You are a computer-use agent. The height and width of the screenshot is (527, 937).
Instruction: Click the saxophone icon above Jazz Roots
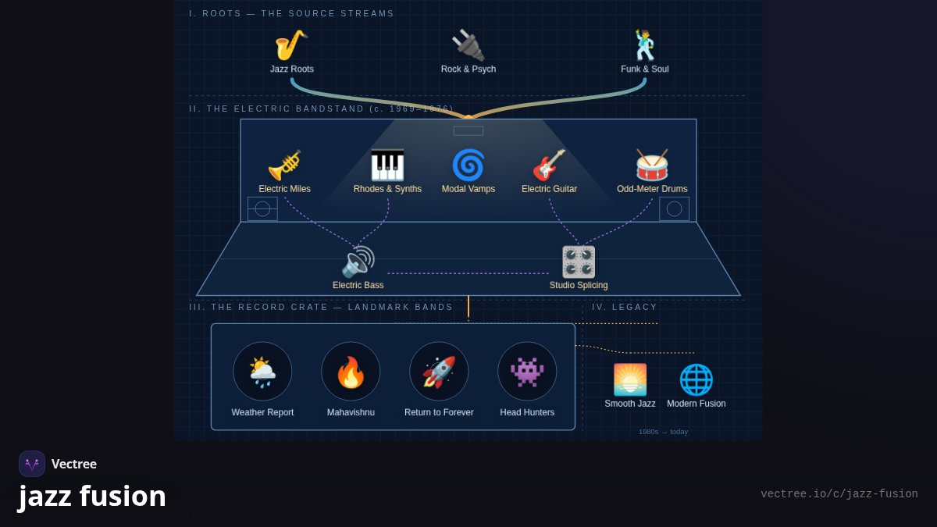pos(291,45)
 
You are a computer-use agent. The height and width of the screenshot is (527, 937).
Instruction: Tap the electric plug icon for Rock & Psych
pos(468,45)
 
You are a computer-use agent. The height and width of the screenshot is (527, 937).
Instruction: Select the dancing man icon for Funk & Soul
pos(645,45)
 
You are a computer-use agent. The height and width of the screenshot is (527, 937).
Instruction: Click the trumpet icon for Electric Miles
pos(284,166)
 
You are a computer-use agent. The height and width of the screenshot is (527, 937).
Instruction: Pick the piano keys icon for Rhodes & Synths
pos(387,166)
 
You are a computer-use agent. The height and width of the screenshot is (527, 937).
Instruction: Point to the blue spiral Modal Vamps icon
pos(468,166)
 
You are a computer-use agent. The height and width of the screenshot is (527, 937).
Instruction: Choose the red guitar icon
pos(549,166)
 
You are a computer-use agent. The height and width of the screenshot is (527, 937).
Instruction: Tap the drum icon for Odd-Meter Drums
pos(652,166)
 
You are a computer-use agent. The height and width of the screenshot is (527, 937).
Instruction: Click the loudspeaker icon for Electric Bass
pos(358,262)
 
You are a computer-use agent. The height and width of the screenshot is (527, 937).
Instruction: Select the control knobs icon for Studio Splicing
pos(579,262)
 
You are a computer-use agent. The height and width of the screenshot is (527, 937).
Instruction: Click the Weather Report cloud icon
pos(262,372)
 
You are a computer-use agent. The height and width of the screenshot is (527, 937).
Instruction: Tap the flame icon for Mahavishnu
pos(351,372)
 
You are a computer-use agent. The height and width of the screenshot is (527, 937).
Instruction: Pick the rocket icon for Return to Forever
pos(439,372)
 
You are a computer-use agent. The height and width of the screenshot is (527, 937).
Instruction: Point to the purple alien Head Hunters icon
pos(527,372)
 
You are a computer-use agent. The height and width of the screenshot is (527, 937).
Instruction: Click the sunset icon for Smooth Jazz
pos(630,379)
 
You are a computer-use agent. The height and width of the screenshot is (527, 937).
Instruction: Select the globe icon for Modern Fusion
pos(696,379)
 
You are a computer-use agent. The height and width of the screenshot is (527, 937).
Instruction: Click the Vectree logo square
pos(32,464)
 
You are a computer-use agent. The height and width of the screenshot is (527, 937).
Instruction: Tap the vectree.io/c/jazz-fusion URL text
pos(839,494)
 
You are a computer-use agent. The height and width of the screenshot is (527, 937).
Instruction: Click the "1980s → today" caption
pos(663,432)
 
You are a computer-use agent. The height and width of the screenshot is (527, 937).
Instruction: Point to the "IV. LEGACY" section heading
pos(624,307)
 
